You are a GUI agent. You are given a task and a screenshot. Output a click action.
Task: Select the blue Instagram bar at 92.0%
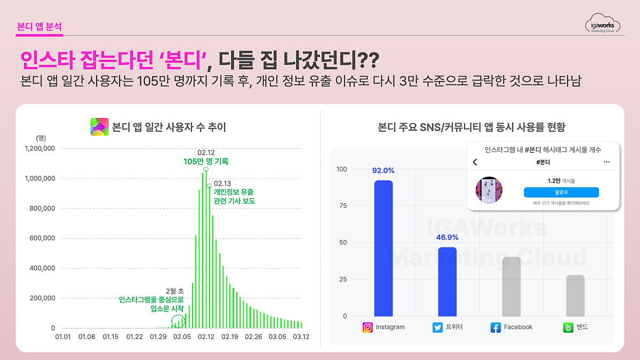click(383, 248)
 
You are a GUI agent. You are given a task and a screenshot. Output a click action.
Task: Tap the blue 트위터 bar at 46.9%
click(447, 282)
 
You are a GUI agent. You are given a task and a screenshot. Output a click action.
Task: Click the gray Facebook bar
click(511, 286)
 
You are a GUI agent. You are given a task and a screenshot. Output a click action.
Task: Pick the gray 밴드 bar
click(575, 295)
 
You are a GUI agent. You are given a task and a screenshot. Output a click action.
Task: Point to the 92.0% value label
click(383, 171)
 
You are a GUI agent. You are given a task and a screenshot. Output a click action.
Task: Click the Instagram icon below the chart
click(367, 327)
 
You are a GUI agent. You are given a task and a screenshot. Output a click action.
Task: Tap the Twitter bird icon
click(438, 327)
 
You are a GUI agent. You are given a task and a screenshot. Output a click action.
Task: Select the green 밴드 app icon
click(569, 327)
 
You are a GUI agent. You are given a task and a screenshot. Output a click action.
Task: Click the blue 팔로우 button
click(561, 193)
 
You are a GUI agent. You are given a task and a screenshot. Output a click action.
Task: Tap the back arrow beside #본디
click(475, 162)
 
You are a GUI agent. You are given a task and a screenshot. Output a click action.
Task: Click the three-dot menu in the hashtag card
click(606, 162)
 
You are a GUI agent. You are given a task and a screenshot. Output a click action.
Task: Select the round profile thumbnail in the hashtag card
click(489, 190)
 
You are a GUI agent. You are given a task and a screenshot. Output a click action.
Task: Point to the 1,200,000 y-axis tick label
click(40, 148)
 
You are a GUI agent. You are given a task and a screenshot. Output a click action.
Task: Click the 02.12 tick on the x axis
click(206, 337)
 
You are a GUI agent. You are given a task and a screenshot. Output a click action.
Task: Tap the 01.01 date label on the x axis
click(63, 337)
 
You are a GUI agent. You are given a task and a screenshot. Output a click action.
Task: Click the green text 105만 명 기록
click(206, 162)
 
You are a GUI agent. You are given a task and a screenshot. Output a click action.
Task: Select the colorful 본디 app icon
click(100, 127)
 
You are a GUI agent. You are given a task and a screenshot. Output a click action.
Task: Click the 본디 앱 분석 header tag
click(39, 27)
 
